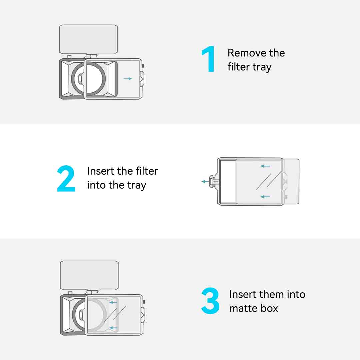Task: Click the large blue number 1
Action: pos(208,59)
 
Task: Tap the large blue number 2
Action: pos(66,178)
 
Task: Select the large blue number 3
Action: pos(210,301)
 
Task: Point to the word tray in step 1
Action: pos(262,67)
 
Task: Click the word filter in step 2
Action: pos(147,171)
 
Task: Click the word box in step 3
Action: pos(269,308)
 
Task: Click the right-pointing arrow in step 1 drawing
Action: pos(128,79)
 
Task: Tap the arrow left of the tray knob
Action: pos(205,182)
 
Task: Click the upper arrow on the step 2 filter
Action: pos(265,166)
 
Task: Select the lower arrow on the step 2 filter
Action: pos(265,197)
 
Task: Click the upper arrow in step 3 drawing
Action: pos(113,303)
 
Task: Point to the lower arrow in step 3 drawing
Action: pos(113,328)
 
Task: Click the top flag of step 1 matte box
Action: pos(88,39)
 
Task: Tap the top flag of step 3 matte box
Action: pos(89,275)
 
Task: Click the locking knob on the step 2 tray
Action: pos(213,182)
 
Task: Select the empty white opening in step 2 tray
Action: pos(228,181)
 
